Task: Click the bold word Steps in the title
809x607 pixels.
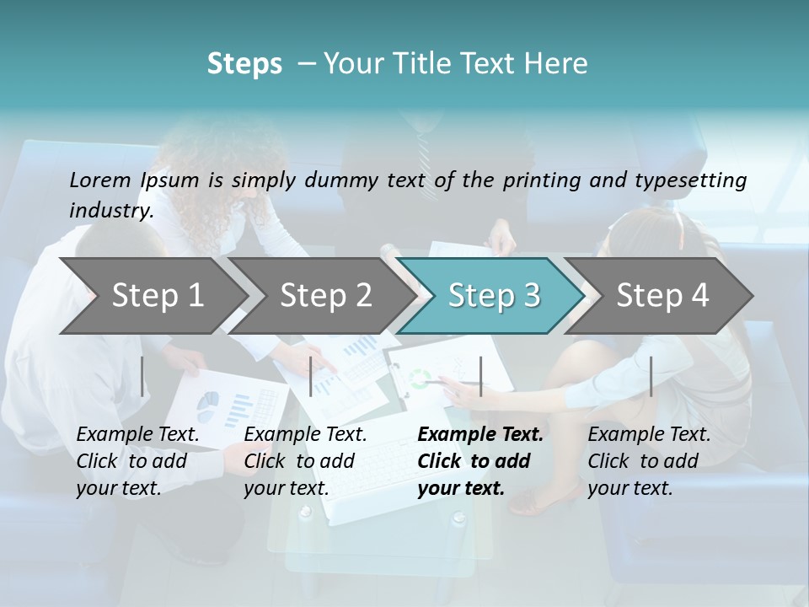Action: [244, 64]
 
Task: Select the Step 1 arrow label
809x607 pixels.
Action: [158, 296]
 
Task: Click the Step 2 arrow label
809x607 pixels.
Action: [326, 296]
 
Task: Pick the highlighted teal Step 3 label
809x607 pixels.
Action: [494, 296]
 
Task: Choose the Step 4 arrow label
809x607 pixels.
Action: [662, 296]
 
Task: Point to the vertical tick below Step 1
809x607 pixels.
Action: [142, 376]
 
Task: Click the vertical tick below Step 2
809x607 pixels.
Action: [311, 376]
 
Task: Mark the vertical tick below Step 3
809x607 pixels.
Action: [481, 376]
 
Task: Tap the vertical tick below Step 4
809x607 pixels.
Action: [651, 376]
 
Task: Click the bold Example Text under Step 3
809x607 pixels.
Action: [480, 435]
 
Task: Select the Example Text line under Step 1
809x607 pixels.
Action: [137, 435]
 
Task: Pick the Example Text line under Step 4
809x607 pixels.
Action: [649, 435]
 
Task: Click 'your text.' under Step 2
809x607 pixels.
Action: [286, 488]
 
